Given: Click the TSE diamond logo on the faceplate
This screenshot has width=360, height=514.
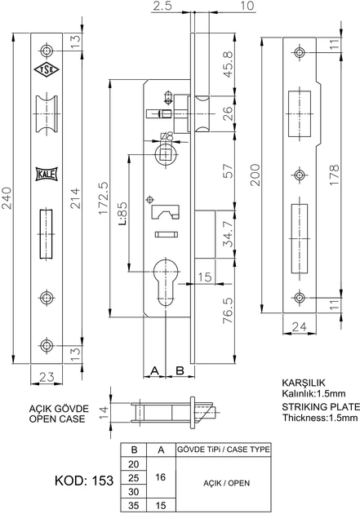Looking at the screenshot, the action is coord(47,69).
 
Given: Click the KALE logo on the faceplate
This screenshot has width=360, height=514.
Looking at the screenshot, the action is coord(47,174).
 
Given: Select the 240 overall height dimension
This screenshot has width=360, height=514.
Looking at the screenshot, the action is coord(7,197).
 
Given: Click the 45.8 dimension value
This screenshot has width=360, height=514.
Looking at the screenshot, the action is coord(229,64).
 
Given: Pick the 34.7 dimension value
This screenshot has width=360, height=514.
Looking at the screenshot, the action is coord(229,234).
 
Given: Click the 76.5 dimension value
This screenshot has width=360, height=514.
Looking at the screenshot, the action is coord(229,310).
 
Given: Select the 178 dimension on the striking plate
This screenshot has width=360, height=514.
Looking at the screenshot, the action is coord(334,175).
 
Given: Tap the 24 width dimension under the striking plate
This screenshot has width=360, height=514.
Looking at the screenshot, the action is coord(299,327).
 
